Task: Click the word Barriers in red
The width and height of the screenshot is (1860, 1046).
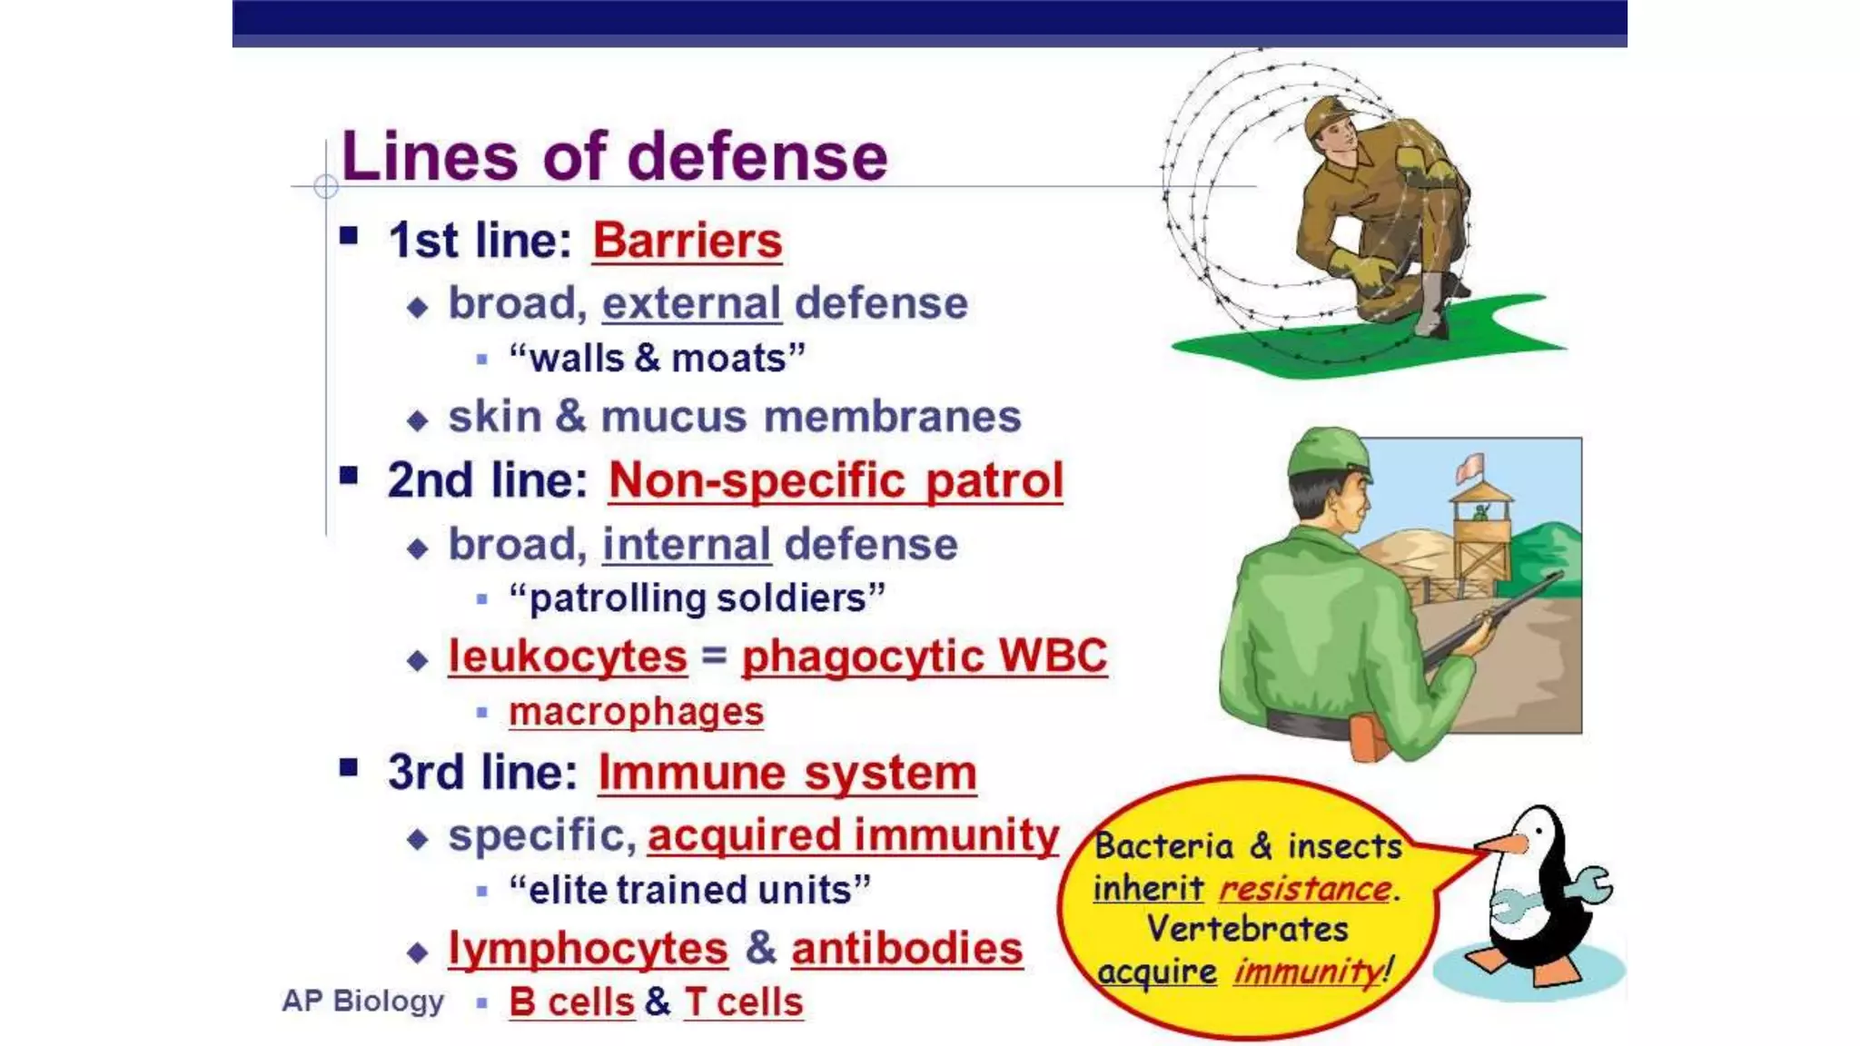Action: coord(687,242)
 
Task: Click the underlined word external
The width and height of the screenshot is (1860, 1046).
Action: coord(691,303)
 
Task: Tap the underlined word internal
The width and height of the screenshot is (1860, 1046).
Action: coord(687,545)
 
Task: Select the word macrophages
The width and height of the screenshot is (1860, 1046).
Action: coord(636,712)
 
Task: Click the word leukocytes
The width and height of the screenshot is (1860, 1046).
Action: coord(568,656)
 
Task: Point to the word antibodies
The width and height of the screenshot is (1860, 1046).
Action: coord(906,949)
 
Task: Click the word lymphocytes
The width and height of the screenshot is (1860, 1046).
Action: coord(588,949)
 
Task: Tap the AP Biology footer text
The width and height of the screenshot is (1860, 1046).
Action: coord(362,1001)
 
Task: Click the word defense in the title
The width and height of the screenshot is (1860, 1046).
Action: coord(757,156)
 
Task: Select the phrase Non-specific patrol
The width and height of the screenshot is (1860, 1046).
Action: coord(836,480)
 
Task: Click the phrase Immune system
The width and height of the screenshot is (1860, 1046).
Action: coord(787,774)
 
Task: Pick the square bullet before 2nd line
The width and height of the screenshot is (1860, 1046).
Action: coord(349,476)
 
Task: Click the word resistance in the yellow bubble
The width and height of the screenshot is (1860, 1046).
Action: coord(1304,889)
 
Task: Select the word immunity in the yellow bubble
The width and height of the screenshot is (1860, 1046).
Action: coord(1307,972)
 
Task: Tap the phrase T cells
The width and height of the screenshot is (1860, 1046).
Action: coord(743,1002)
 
